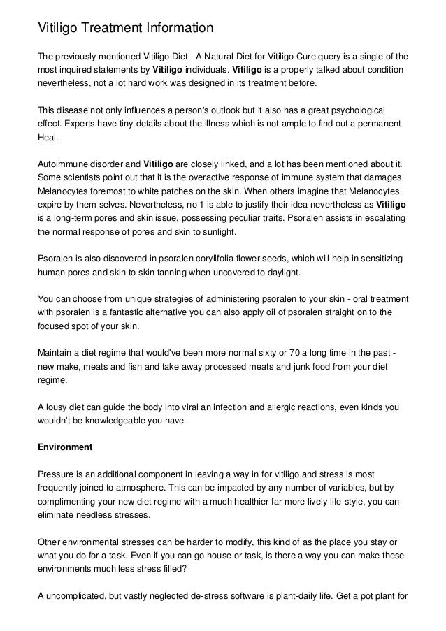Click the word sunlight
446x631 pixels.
pyautogui.click(x=217, y=233)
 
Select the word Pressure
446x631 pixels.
pyautogui.click(x=57, y=472)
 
